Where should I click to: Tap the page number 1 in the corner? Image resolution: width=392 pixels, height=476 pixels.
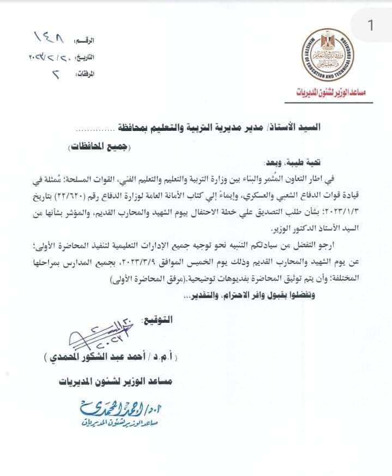[371, 25]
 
